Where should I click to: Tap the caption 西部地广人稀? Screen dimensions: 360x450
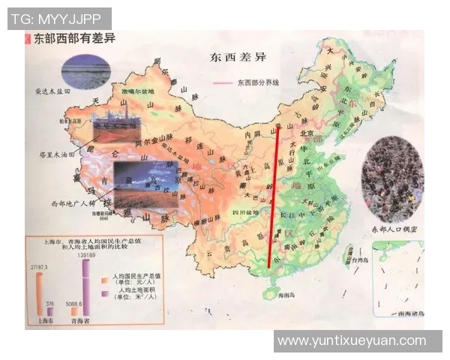pyautogui.click(x=73, y=202)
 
